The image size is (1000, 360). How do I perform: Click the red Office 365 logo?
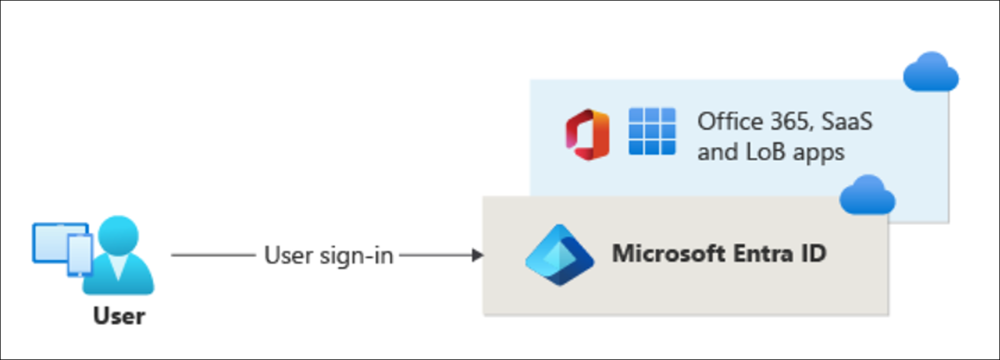pyautogui.click(x=587, y=134)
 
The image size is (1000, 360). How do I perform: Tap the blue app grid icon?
pyautogui.click(x=652, y=131)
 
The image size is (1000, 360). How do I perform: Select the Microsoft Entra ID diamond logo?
pyautogui.click(x=559, y=255)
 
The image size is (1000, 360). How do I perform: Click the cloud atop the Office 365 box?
pyautogui.click(x=931, y=72)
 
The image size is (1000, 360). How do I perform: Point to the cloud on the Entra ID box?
pyautogui.click(x=867, y=196)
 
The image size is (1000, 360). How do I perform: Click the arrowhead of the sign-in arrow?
pyautogui.click(x=478, y=255)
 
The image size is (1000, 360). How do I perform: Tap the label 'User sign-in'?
pyautogui.click(x=329, y=256)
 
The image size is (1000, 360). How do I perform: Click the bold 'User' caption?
pyautogui.click(x=119, y=316)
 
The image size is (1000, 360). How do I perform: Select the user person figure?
pyautogui.click(x=119, y=256)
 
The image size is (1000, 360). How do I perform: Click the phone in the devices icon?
pyautogui.click(x=80, y=255)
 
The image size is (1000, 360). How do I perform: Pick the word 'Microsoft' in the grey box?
pyautogui.click(x=668, y=254)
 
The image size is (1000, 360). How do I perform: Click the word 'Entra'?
pyautogui.click(x=762, y=254)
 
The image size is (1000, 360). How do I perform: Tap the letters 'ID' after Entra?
pyautogui.click(x=813, y=254)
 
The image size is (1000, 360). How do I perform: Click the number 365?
pyautogui.click(x=791, y=121)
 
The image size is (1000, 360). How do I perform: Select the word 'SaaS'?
pyautogui.click(x=846, y=121)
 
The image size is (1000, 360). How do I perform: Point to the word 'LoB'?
pyautogui.click(x=763, y=152)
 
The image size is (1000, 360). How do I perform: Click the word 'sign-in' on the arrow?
pyautogui.click(x=356, y=256)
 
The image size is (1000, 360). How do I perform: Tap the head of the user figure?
pyautogui.click(x=119, y=234)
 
